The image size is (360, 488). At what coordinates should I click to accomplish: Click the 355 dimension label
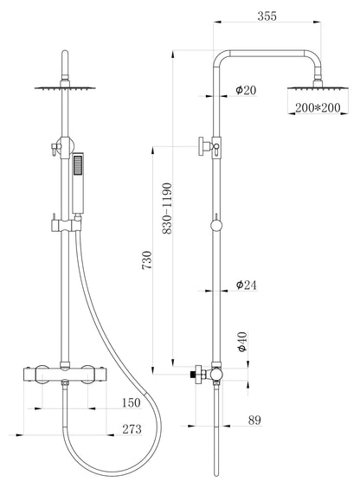tap(267, 16)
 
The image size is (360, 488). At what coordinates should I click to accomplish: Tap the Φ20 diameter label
tap(246, 90)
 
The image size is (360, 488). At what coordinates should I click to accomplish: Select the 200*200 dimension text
tap(318, 108)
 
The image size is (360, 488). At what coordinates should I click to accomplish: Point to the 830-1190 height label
tap(167, 209)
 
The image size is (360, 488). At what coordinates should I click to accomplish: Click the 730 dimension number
tap(147, 260)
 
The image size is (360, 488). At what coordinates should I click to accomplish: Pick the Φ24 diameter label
tap(246, 285)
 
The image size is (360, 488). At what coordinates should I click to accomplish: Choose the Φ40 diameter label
tap(241, 342)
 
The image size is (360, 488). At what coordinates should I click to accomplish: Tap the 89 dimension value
tap(254, 420)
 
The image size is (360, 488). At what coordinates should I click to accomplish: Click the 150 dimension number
tap(131, 402)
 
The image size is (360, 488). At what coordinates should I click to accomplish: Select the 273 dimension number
tap(132, 429)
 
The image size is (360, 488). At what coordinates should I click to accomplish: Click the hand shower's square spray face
tap(78, 165)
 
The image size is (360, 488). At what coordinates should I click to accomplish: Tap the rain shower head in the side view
tap(318, 88)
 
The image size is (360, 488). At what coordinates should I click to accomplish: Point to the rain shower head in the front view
tap(65, 87)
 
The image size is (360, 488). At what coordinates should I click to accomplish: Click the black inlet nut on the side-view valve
tap(193, 374)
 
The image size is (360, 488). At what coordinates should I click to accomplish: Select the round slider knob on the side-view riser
tap(216, 226)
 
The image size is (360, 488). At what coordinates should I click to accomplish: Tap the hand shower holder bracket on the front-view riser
tap(66, 225)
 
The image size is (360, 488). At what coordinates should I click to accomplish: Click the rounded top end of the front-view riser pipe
tap(65, 52)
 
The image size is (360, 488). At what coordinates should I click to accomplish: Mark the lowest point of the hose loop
tap(107, 476)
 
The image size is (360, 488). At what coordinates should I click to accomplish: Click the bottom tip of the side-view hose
tap(216, 475)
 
